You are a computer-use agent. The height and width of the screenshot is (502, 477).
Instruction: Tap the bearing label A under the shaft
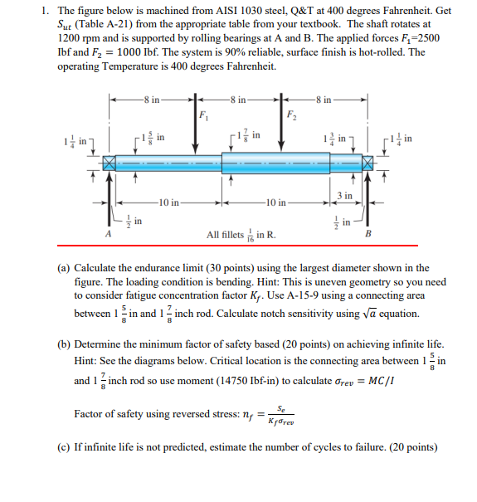tap(108, 234)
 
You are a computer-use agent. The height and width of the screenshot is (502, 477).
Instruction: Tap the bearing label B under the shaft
tap(369, 234)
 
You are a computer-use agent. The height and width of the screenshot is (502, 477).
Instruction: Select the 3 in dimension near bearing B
tap(347, 196)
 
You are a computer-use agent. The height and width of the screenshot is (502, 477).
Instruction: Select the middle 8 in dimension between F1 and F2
tap(238, 100)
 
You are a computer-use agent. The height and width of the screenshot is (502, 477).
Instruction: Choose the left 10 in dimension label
tap(167, 202)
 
